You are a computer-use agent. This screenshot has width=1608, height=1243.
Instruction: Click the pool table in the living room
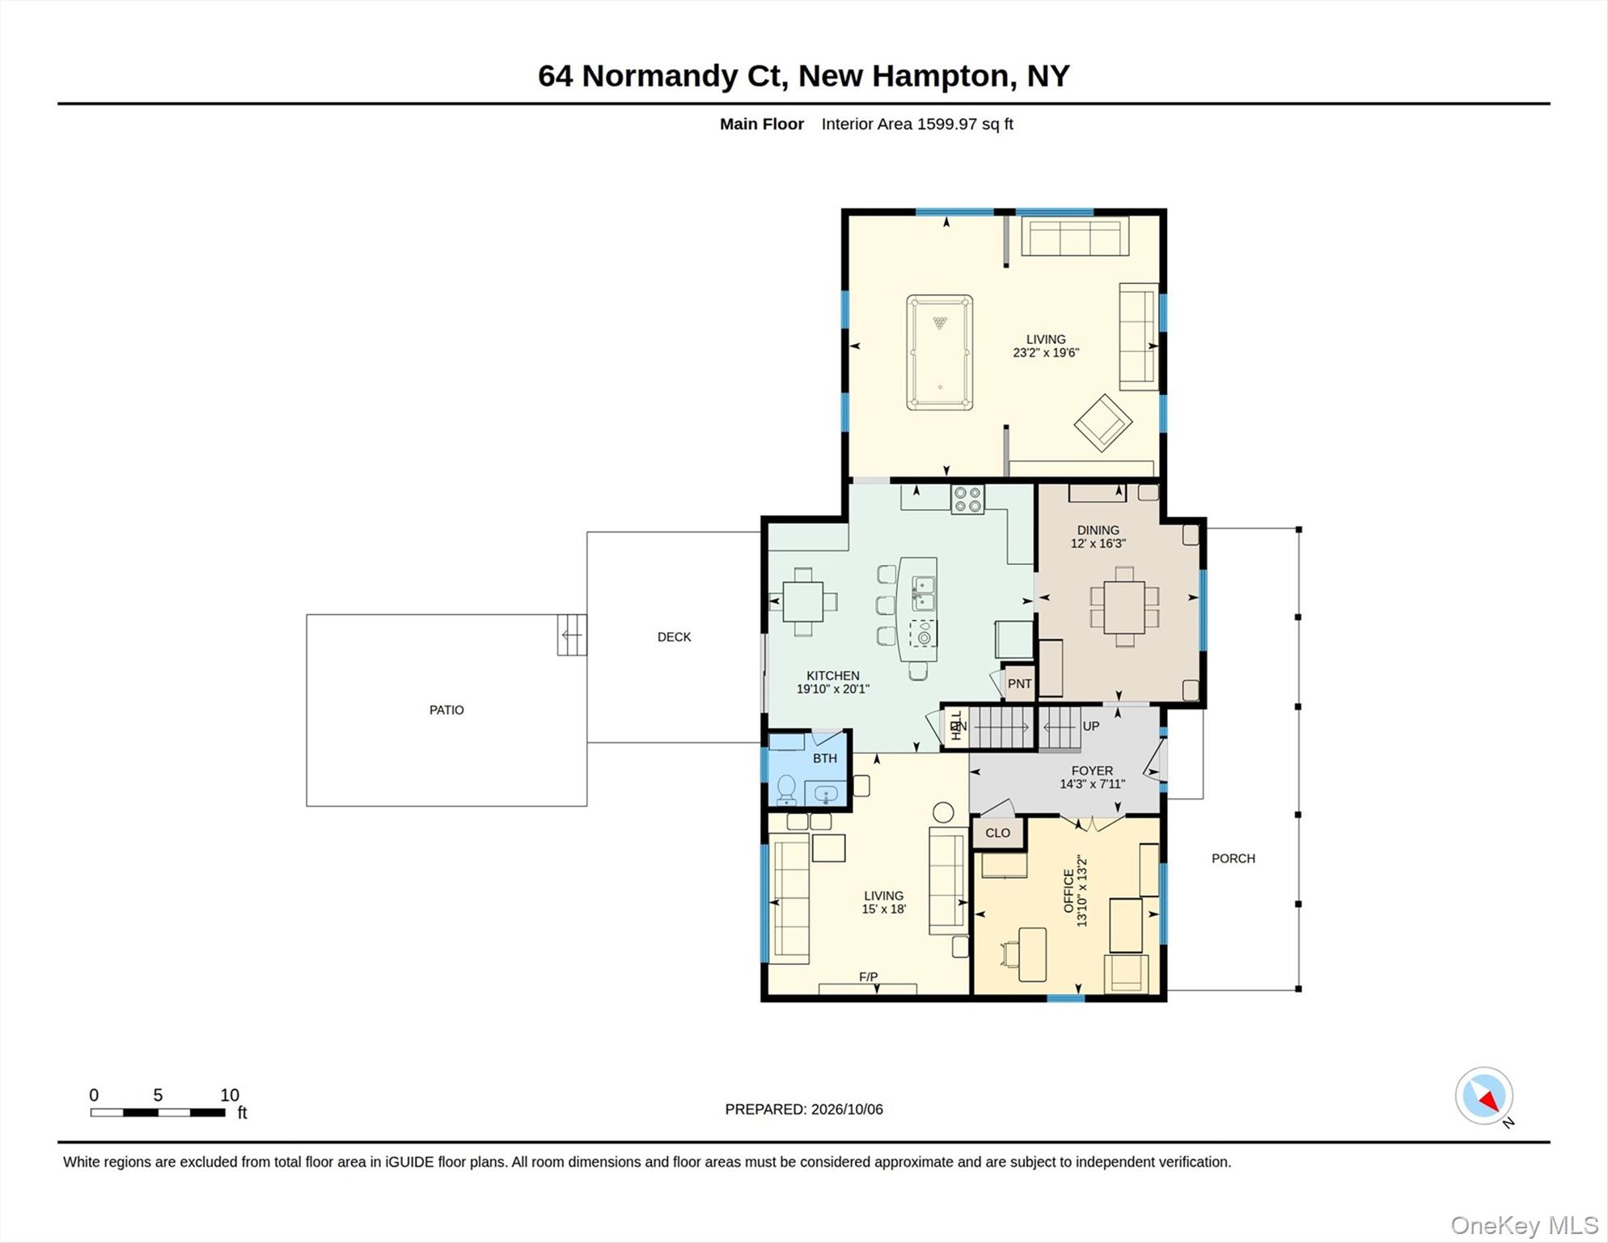click(939, 353)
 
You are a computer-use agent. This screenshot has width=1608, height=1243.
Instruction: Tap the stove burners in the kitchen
click(967, 498)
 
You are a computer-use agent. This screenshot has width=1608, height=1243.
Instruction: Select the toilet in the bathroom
click(786, 789)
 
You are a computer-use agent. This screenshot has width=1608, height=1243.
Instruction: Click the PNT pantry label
click(1019, 684)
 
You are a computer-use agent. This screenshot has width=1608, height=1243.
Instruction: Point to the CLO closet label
click(997, 833)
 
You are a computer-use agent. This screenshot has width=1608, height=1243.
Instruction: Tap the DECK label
click(674, 637)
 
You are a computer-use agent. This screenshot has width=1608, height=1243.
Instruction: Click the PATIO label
click(446, 710)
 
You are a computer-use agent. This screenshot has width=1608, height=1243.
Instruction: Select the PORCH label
click(1233, 859)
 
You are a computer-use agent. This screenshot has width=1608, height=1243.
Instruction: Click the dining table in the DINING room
click(1124, 607)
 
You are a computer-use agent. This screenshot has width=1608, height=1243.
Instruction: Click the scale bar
click(158, 1113)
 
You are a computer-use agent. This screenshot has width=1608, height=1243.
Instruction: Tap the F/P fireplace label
click(868, 977)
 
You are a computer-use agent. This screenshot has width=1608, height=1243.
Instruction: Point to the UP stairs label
click(1090, 726)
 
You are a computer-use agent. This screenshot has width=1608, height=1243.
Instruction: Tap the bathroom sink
click(825, 794)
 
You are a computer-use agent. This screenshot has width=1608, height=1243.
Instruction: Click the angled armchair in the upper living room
click(1102, 422)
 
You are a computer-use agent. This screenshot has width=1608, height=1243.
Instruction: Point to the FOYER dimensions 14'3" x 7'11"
click(1092, 783)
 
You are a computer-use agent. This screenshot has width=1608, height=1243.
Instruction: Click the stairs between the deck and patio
click(572, 635)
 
